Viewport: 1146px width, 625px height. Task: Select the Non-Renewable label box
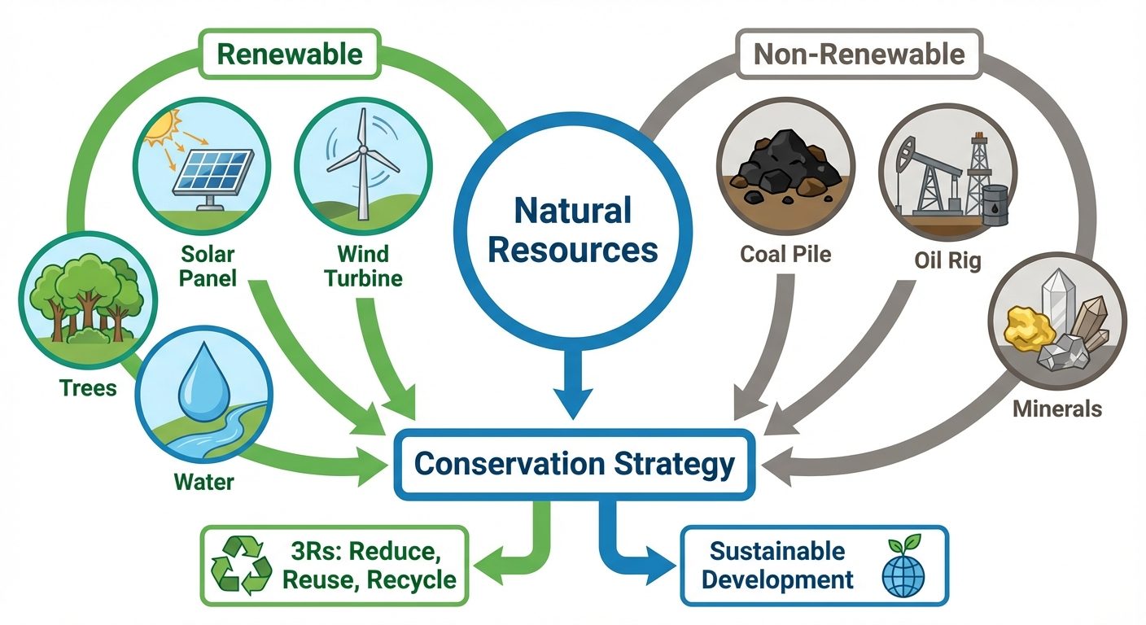(x=858, y=55)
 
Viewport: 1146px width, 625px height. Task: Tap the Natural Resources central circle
(x=573, y=230)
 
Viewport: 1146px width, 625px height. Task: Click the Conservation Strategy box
(x=573, y=465)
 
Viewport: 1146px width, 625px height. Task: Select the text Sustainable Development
(x=777, y=566)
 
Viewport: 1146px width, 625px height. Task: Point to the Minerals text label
(x=1056, y=408)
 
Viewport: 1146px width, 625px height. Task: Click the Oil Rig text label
(x=947, y=260)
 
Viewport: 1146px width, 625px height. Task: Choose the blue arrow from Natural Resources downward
(x=573, y=382)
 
